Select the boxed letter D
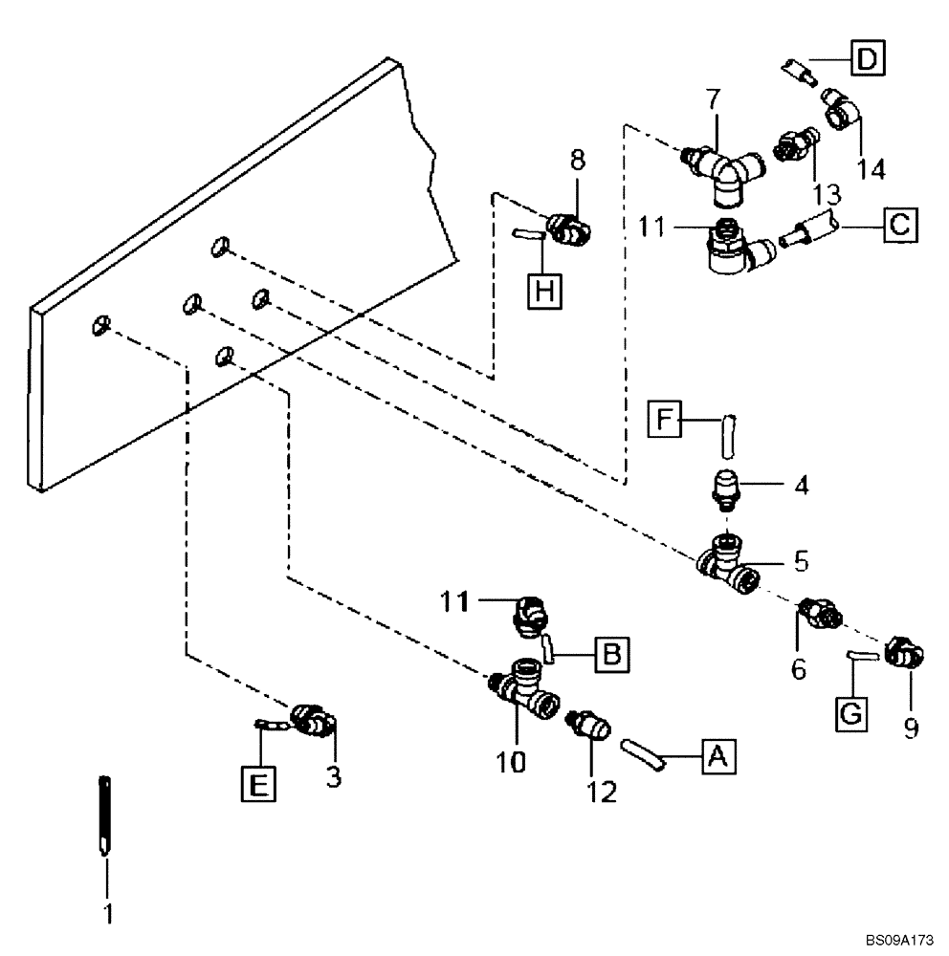tap(867, 59)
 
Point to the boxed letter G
tap(852, 713)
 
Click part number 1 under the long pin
tap(108, 914)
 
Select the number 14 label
tap(871, 169)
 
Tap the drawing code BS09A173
tap(889, 942)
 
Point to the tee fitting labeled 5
tap(732, 566)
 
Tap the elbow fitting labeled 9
tap(903, 654)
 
